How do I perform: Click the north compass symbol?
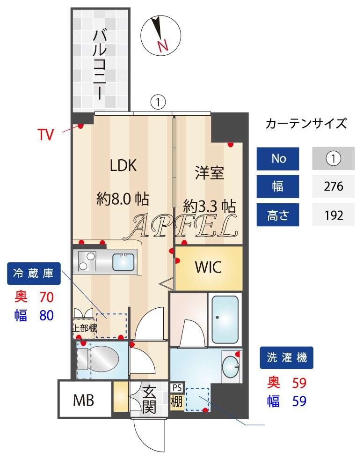[159, 35]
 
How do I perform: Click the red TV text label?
[46, 135]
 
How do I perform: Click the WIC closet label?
[208, 268]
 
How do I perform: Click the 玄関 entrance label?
[149, 400]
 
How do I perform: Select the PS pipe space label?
[177, 388]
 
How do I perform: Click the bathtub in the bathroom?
[225, 319]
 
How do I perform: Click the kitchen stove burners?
[87, 261]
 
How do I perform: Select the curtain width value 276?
[334, 187]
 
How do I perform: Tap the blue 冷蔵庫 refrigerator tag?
[34, 274]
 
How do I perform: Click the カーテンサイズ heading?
[306, 124]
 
